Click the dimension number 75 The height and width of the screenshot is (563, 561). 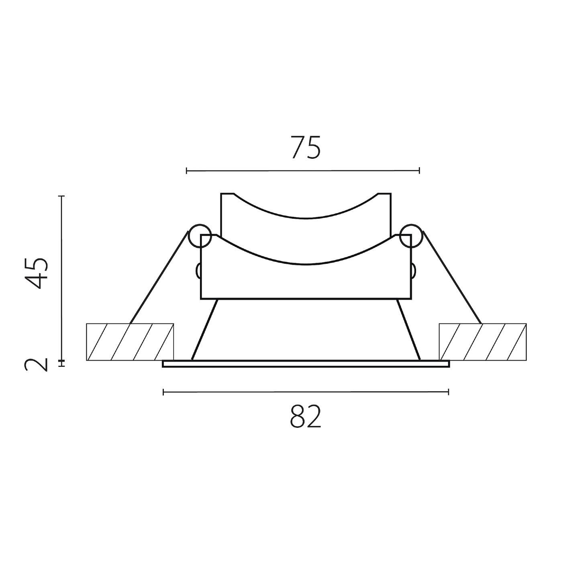pos(306,148)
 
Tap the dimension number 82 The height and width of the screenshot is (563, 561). pos(306,417)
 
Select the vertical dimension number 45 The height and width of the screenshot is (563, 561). pos(36,273)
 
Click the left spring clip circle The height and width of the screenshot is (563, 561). pos(200,236)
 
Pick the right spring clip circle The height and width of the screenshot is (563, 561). pos(411,236)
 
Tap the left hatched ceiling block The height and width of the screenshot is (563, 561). pos(130,342)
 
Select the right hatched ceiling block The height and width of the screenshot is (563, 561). pos(482,342)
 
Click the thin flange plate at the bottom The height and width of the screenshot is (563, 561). pos(306,364)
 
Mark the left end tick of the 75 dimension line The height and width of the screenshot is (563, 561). pos(186,171)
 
